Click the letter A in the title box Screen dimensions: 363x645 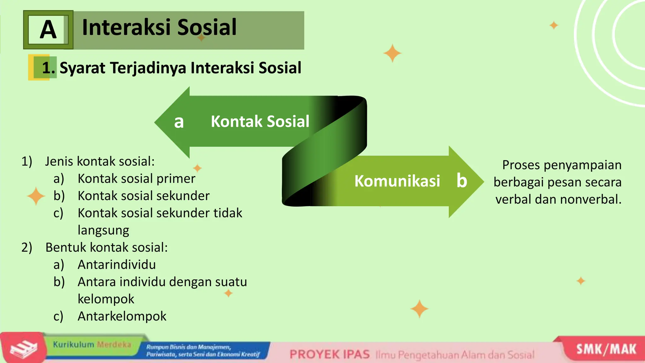[x=48, y=30]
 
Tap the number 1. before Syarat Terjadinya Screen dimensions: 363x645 [x=48, y=68]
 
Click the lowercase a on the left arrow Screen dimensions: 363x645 [x=179, y=122]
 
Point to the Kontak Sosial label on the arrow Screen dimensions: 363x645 [x=260, y=122]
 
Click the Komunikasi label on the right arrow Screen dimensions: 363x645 [x=397, y=181]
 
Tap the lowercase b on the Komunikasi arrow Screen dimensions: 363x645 [x=462, y=181]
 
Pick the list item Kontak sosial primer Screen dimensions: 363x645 [x=136, y=179]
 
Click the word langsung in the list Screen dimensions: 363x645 [x=103, y=230]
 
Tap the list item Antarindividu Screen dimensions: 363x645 [x=117, y=265]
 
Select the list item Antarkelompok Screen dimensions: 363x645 [x=122, y=316]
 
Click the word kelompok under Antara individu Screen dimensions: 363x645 [x=106, y=299]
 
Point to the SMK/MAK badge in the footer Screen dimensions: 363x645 [x=606, y=349]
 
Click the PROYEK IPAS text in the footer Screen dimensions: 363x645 [x=329, y=354]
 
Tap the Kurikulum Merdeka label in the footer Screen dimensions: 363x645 [x=92, y=344]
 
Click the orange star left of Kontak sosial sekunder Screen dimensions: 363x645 [x=36, y=196]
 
